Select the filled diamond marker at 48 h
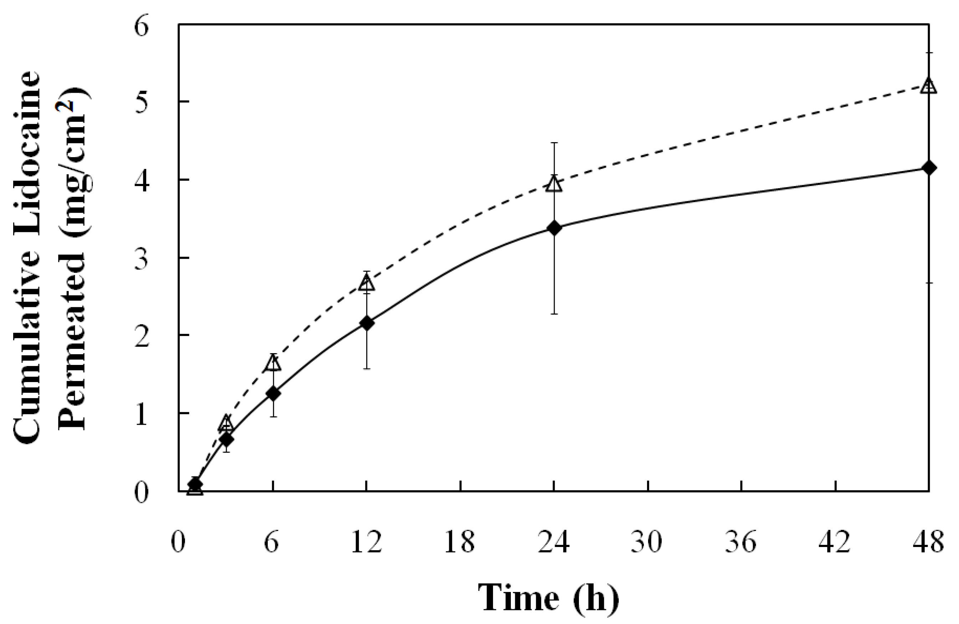coord(929,167)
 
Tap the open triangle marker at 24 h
coord(554,185)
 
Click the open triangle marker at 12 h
coord(366,284)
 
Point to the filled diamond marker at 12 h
coord(366,323)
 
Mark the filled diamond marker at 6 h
coord(273,393)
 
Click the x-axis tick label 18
coord(460,542)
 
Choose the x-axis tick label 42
coord(835,542)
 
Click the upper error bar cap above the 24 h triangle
coord(554,143)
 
